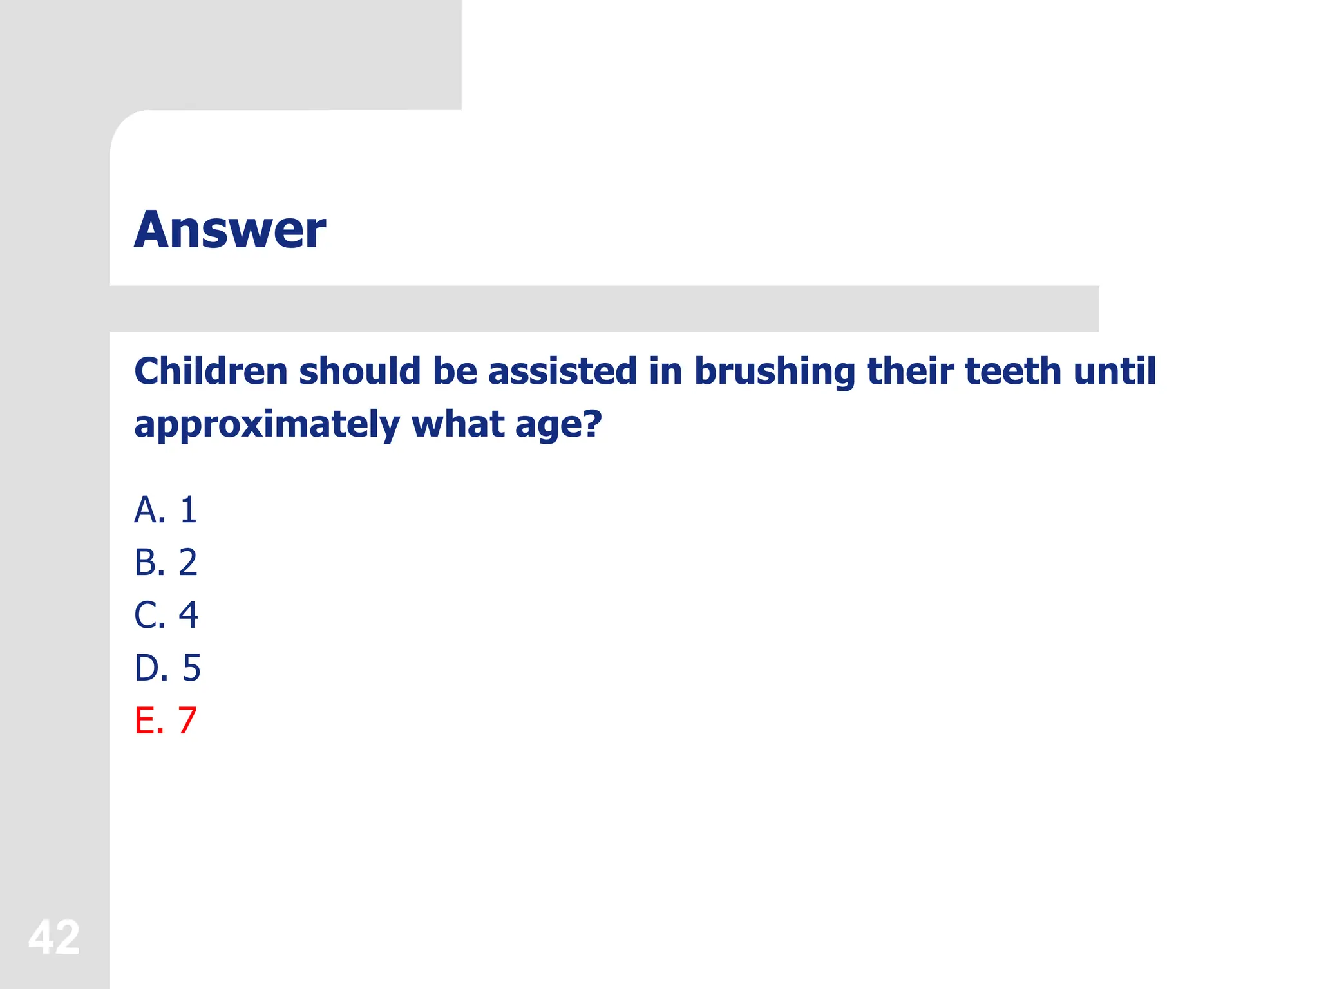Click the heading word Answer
[x=230, y=230]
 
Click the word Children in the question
[x=211, y=372]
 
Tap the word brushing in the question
[x=774, y=373]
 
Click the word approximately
[x=267, y=426]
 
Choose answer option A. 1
[x=166, y=510]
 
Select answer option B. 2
[x=166, y=563]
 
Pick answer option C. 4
[x=166, y=616]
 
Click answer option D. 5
[x=167, y=668]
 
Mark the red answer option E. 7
[x=166, y=721]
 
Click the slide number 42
[x=54, y=937]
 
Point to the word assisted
[x=562, y=372]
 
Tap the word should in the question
[x=360, y=372]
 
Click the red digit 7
[x=187, y=721]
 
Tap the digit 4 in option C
[x=188, y=616]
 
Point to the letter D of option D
[x=146, y=668]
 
